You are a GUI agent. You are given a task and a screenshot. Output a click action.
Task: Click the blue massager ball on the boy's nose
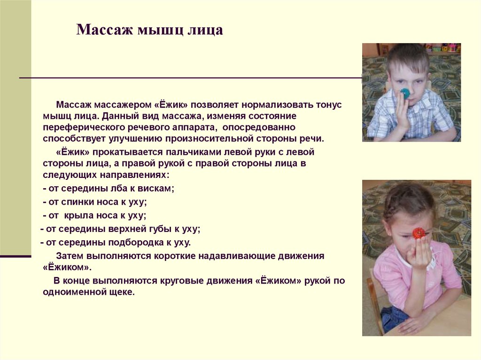pos(405,93)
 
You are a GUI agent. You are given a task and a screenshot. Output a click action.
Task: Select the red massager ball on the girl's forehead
pos(418,233)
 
